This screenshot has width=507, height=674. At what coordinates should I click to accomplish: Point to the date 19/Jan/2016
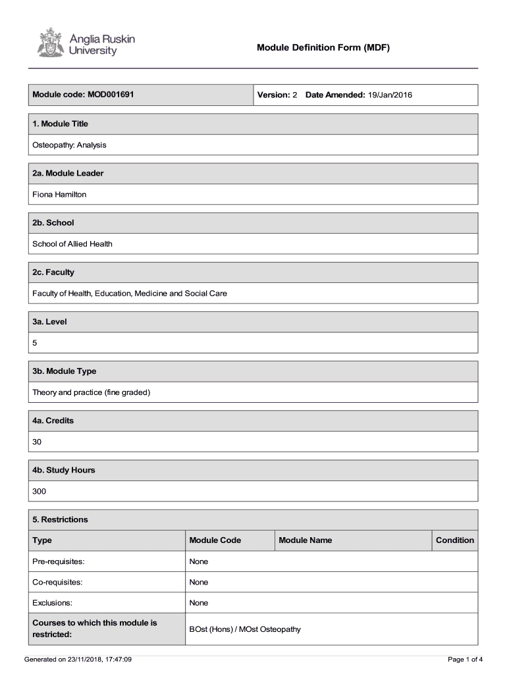point(390,95)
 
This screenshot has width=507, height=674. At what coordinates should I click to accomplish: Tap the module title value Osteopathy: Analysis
point(69,145)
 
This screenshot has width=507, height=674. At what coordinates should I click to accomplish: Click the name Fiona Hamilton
point(59,194)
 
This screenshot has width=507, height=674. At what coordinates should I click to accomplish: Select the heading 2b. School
point(53,222)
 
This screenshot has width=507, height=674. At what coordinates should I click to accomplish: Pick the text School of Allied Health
point(72,244)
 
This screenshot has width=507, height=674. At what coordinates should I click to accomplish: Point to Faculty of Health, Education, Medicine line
point(130,294)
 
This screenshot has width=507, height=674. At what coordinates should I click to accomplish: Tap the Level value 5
point(35,343)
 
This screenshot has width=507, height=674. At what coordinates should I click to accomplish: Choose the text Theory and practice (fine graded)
point(92,392)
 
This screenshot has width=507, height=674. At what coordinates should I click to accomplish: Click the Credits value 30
point(37,442)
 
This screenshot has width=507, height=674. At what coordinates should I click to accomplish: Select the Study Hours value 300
point(39,491)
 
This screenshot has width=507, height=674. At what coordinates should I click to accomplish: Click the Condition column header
point(454,540)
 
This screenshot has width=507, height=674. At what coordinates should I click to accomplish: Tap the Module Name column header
point(306,540)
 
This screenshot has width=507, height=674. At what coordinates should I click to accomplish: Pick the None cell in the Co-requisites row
point(198,582)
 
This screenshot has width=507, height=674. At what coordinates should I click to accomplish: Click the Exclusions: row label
point(52,603)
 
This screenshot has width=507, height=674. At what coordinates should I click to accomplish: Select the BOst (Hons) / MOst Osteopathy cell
point(245,629)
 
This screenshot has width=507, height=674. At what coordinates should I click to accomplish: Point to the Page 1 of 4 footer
point(465,659)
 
